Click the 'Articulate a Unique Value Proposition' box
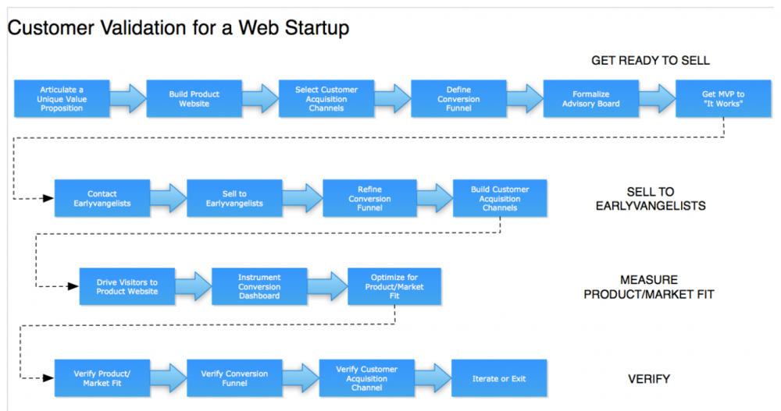[x=62, y=98]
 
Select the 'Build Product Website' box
[x=194, y=98]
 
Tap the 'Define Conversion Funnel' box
[x=458, y=98]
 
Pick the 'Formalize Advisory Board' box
[x=590, y=98]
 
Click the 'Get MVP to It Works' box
[x=723, y=98]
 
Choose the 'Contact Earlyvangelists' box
[x=102, y=198]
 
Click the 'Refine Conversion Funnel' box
[x=369, y=198]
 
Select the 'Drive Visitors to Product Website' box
[x=127, y=286]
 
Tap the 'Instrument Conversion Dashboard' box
[x=259, y=286]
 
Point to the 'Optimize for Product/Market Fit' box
[x=394, y=286]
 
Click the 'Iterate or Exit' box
[x=499, y=378]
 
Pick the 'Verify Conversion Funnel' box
[x=234, y=378]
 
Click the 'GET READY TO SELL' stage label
[x=651, y=61]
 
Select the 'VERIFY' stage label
[x=649, y=379]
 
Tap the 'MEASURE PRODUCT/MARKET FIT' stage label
[x=649, y=287]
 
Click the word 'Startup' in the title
[x=317, y=28]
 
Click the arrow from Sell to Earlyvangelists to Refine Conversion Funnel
[x=302, y=198]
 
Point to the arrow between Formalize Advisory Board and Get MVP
[x=657, y=98]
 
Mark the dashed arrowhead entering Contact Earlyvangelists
[x=48, y=199]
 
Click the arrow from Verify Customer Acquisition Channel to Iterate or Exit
[x=433, y=378]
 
